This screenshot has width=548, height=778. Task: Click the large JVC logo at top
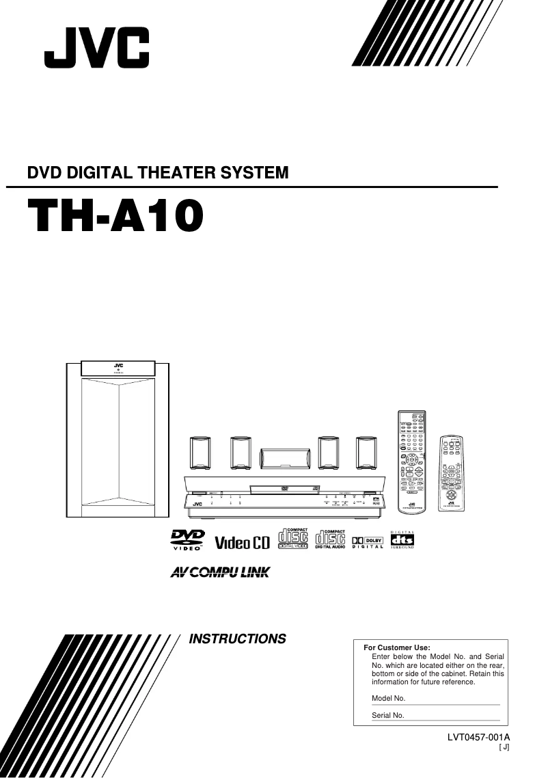point(96,49)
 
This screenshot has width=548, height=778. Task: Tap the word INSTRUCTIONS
point(237,639)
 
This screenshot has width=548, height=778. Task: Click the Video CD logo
point(243,543)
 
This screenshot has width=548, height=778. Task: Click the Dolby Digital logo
point(367,542)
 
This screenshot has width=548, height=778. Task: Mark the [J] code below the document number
point(504,747)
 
